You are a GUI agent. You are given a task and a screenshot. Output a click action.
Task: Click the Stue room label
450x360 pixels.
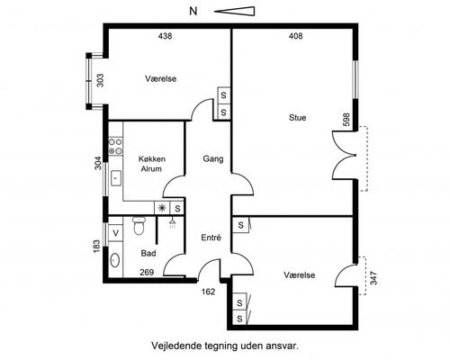click(297, 117)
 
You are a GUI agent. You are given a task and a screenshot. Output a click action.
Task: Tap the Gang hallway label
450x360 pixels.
click(213, 158)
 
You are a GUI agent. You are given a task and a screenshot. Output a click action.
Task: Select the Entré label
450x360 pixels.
click(211, 238)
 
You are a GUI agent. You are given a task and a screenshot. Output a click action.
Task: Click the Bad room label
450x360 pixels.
click(148, 254)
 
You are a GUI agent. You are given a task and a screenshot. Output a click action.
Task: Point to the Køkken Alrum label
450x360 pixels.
click(151, 164)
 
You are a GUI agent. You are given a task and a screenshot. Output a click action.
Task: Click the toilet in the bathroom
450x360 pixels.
click(139, 226)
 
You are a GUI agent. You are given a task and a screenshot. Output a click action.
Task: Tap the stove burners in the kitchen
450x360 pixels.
click(115, 147)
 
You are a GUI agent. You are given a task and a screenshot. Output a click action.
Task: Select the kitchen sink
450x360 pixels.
click(116, 178)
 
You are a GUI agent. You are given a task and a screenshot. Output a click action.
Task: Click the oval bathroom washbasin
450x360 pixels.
click(115, 260)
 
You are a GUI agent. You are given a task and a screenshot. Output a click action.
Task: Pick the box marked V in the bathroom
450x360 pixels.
click(115, 233)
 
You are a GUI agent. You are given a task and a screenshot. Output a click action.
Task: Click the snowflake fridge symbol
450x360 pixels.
click(162, 208)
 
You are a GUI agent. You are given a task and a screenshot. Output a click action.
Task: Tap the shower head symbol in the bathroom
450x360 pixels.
click(173, 223)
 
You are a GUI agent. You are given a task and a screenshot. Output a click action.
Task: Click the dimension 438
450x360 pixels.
click(165, 36)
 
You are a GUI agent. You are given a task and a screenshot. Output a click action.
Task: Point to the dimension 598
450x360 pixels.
click(346, 120)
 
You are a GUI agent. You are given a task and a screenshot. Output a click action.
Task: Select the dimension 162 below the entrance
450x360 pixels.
click(208, 292)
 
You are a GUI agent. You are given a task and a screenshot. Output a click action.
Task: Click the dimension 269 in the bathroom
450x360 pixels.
click(147, 272)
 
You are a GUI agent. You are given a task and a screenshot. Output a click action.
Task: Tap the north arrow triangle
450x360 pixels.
click(235, 12)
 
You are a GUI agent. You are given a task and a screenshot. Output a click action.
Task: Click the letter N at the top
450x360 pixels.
click(193, 12)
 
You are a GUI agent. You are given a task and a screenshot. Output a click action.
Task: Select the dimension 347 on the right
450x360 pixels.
click(373, 278)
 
